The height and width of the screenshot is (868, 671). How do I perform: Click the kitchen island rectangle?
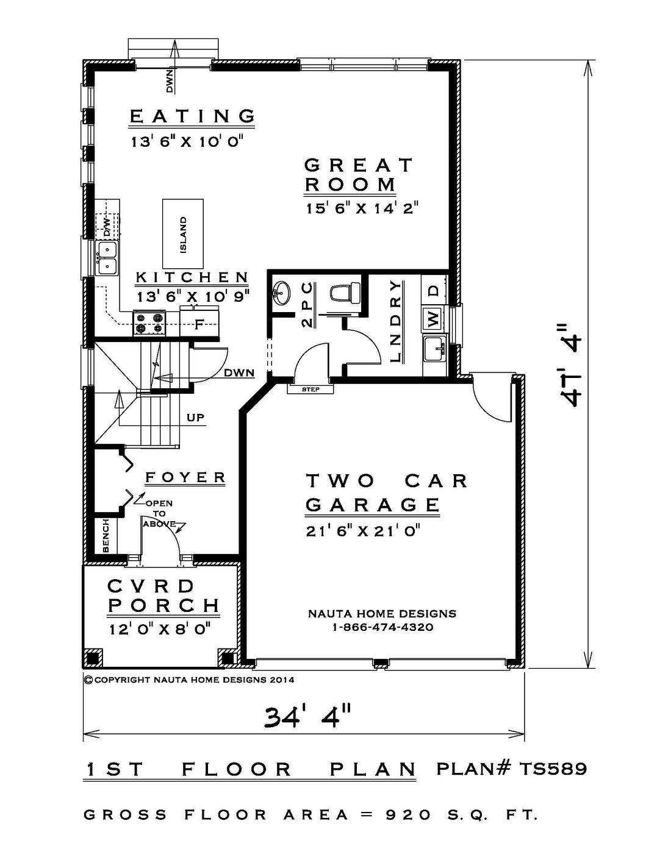(182, 233)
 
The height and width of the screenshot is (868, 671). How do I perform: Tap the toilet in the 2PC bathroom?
(345, 293)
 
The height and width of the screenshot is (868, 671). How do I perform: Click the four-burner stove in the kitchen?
(149, 322)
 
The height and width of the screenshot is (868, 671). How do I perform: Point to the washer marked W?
(434, 318)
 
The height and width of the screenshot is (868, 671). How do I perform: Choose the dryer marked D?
(434, 290)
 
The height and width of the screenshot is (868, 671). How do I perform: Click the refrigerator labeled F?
(199, 322)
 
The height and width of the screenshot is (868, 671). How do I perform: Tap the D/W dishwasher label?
(107, 227)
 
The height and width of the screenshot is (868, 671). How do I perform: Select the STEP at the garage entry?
(310, 389)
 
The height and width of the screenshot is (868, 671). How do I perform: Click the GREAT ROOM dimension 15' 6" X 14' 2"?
(362, 208)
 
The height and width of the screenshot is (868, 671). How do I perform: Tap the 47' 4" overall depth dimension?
(570, 365)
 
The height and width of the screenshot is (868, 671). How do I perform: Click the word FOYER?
(185, 477)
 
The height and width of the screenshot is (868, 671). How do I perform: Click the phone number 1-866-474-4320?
(382, 628)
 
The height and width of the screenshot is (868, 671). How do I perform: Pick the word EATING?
(192, 116)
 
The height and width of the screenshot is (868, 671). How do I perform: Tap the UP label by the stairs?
(195, 418)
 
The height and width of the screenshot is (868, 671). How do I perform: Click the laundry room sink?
(435, 348)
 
